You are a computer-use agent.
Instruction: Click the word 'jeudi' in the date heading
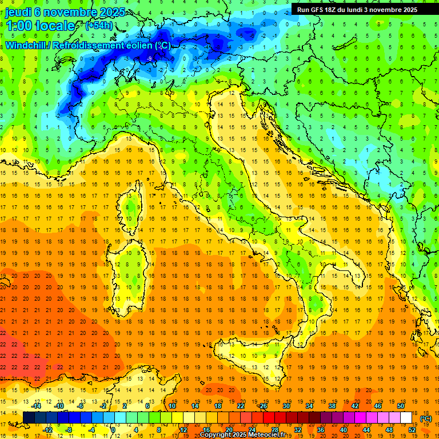pos(18,12)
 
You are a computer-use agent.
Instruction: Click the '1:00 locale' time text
pos(40,26)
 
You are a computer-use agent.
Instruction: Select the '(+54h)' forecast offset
pos(98,26)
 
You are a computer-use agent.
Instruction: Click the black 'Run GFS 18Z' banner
pos(357,10)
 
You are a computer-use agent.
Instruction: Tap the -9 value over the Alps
pos(149,59)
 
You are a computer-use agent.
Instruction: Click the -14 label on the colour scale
pos(37,406)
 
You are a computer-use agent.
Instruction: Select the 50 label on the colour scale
pos(400,406)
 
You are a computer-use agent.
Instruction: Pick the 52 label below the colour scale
pos(412,429)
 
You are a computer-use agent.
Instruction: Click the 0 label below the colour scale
pos(114,429)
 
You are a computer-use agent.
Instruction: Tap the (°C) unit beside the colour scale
pos(426,418)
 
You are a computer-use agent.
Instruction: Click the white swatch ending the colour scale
pos(406,418)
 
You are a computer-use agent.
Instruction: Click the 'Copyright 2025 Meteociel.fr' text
pos(246,435)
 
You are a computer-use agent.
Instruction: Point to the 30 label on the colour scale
pos(286,406)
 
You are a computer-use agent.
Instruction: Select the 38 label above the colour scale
pos(332,406)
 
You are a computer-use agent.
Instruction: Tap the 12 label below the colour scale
pos(183,429)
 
